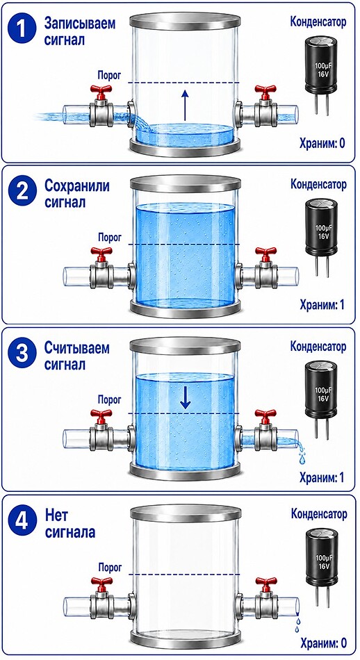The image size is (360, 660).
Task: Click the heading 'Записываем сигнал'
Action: click(80, 31)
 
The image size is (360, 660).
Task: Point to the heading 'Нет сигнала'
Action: click(69, 523)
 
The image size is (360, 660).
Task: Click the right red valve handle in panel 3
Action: click(265, 415)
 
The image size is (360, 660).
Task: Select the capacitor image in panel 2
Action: click(321, 237)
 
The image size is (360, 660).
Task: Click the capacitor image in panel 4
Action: click(321, 566)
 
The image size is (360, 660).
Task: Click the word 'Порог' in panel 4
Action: click(110, 567)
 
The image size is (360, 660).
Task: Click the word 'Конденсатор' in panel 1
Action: click(318, 22)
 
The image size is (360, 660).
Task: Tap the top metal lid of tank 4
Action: click(186, 513)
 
